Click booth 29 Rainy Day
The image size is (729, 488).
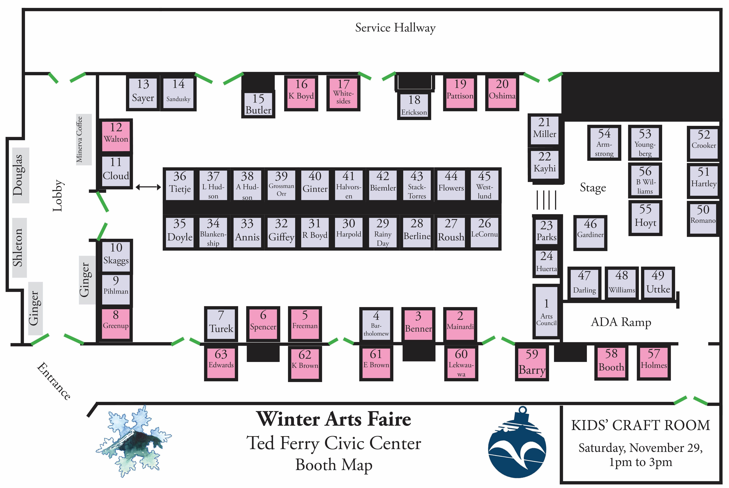[x=383, y=232]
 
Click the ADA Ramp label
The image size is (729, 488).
[x=621, y=322]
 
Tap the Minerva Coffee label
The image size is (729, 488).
[x=80, y=139]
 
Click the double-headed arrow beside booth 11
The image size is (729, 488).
[x=148, y=187]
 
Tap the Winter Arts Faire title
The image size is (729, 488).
[x=333, y=419]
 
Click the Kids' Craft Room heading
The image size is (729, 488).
[x=640, y=425]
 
